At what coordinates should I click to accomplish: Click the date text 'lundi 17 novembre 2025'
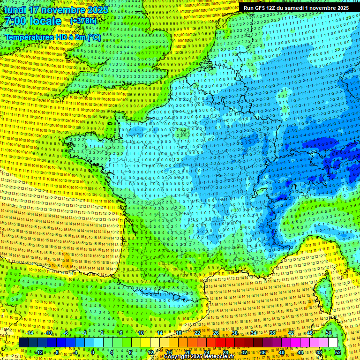click(x=55, y=10)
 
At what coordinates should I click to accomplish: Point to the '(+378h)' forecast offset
click(x=83, y=21)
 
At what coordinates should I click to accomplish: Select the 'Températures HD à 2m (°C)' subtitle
click(x=52, y=37)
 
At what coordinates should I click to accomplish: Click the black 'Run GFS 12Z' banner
click(x=296, y=8)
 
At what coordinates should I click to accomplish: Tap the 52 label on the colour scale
click(x=337, y=352)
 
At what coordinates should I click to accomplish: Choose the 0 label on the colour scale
click(x=93, y=352)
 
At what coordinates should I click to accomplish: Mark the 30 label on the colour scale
click(x=234, y=333)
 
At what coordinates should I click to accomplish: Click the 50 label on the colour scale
click(x=328, y=333)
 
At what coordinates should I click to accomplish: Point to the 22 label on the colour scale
click(x=197, y=333)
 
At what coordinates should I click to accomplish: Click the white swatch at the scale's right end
click(x=333, y=343)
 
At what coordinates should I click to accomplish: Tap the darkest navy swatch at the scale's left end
click(x=24, y=343)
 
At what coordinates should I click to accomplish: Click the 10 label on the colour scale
click(x=141, y=333)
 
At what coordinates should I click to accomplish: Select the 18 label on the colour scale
click(x=178, y=333)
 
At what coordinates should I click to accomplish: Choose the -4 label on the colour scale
click(x=75, y=352)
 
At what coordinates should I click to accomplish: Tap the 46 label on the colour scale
click(x=309, y=333)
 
